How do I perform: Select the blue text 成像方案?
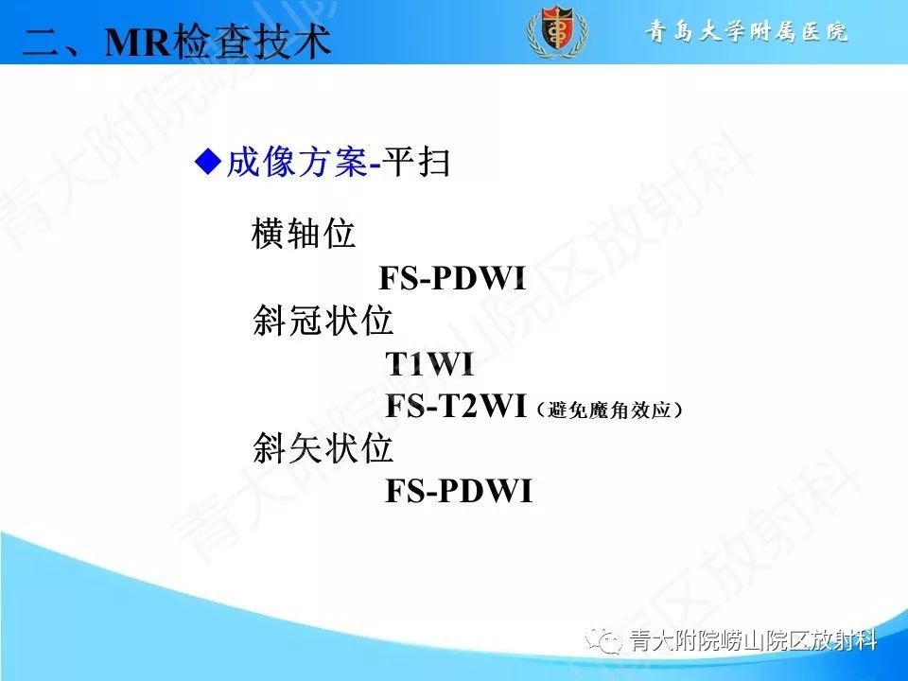[x=295, y=164]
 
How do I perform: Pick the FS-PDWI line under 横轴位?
[x=451, y=279]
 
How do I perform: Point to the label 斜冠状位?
[x=323, y=322]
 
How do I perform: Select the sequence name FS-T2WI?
[x=455, y=407]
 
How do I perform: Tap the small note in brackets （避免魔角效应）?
[x=607, y=410]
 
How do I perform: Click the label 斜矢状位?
[x=323, y=448]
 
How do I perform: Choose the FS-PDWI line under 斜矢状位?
[x=459, y=492]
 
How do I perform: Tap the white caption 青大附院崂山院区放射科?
[x=753, y=642]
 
